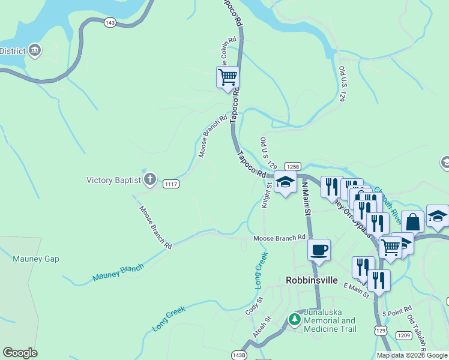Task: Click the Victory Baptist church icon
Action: [x=150, y=179]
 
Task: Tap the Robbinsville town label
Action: [x=312, y=280]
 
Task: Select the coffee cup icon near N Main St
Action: [x=319, y=249]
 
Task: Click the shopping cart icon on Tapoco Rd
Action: [x=228, y=77]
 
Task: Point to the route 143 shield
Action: [x=109, y=22]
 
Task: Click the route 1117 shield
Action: [x=170, y=184]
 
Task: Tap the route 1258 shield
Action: [x=293, y=167]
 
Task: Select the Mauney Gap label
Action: [x=35, y=259]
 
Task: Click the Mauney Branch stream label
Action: [x=118, y=273]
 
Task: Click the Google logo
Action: [x=20, y=353]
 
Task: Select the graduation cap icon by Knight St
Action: [x=285, y=182]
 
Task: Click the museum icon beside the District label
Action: [x=34, y=50]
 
